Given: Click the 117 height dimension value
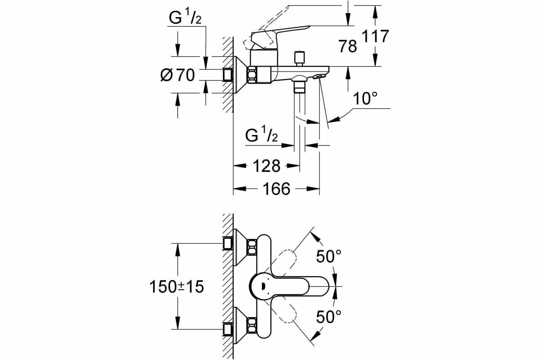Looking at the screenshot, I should click(x=375, y=36).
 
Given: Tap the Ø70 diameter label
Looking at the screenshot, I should click(x=178, y=75).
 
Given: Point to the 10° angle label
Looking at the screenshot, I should click(x=364, y=99).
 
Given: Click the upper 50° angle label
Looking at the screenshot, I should click(x=328, y=257).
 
